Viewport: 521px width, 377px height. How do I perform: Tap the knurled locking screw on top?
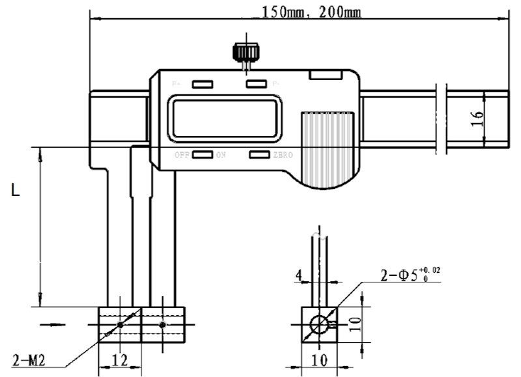pyautogui.click(x=244, y=51)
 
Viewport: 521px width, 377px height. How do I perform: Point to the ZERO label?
pyautogui.click(x=283, y=155)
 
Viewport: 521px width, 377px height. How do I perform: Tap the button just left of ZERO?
pyautogui.click(x=259, y=155)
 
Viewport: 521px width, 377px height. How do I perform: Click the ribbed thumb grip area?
pyautogui.click(x=326, y=148)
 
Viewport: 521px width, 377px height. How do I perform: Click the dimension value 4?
pyautogui.click(x=298, y=276)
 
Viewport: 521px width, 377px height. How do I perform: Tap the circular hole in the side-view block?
pyautogui.click(x=319, y=324)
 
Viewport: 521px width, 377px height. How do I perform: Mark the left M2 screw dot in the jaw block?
pyautogui.click(x=121, y=324)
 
